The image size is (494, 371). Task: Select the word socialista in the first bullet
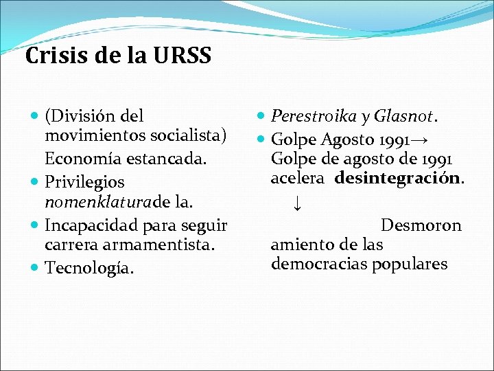tap(187, 136)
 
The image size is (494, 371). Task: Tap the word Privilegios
tap(84, 182)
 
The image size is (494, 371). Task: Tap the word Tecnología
tap(86, 267)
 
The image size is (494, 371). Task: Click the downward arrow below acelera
tap(297, 203)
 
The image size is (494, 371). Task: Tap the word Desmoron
tap(421, 225)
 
